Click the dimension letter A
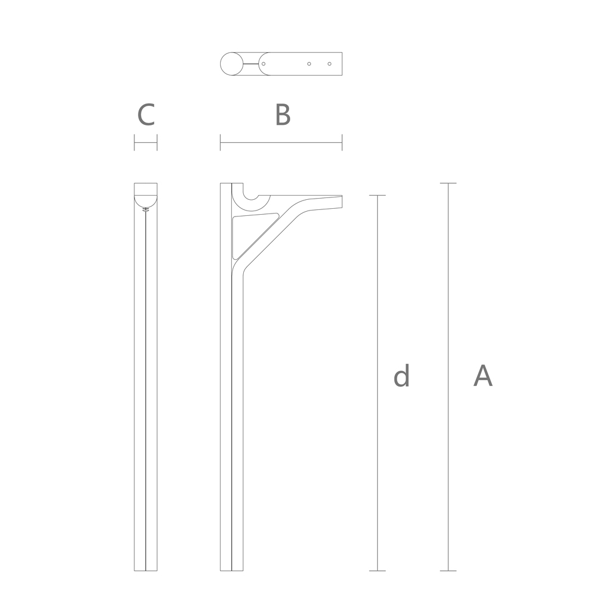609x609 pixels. [x=483, y=376]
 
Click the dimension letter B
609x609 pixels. [x=282, y=115]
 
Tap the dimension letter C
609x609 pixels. [x=146, y=115]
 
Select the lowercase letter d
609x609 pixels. [x=401, y=376]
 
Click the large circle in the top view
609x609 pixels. [x=231, y=64]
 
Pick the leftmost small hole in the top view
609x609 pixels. [x=263, y=64]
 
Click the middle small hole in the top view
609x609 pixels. [x=309, y=64]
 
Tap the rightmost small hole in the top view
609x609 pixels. [x=329, y=64]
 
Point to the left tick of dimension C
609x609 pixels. [x=134, y=142]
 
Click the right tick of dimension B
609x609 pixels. [x=342, y=142]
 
